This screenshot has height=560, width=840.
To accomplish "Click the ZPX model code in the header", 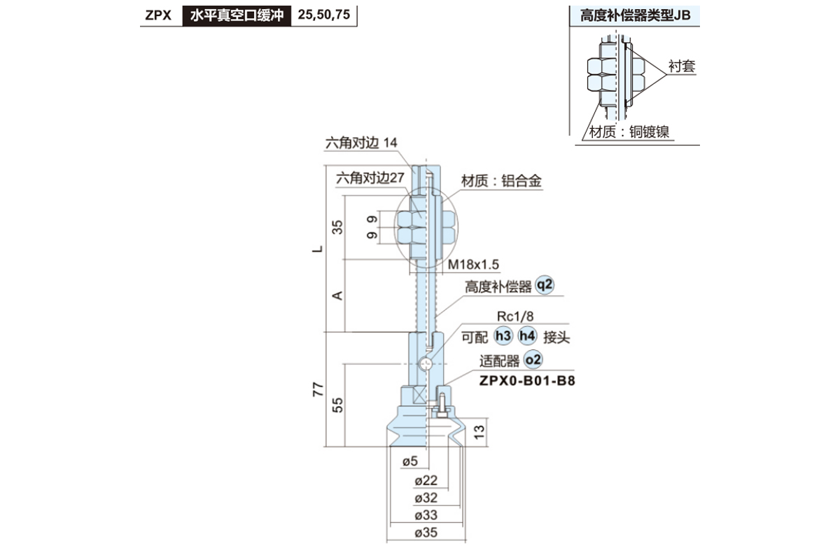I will [x=158, y=15].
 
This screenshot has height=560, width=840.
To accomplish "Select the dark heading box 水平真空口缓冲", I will [x=237, y=15].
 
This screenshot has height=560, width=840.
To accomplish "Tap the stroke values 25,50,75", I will [x=323, y=15].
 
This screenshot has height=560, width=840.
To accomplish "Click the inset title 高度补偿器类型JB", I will [x=635, y=16].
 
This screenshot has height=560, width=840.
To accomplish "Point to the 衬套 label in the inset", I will [x=681, y=66].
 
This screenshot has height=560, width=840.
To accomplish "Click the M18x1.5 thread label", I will [x=473, y=265].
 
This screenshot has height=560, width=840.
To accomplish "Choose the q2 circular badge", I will [x=544, y=285].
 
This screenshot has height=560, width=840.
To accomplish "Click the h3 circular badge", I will [x=502, y=336].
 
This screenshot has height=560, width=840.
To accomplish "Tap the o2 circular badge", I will [x=533, y=360].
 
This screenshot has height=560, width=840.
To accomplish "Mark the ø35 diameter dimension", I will [x=426, y=533].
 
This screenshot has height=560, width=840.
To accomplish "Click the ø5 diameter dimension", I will [x=410, y=461].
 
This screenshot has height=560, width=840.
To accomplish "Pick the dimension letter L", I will [x=318, y=248].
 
